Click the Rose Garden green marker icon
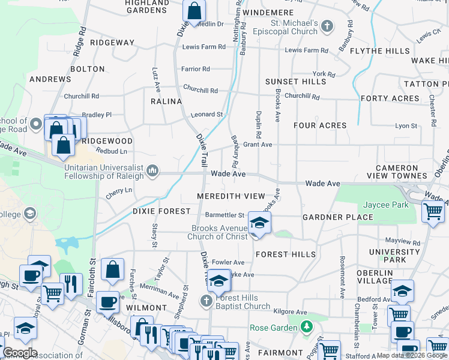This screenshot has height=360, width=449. click(x=307, y=327)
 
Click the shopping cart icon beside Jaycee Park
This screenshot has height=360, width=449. click(x=433, y=211)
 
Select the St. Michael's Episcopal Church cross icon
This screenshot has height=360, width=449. click(x=327, y=26)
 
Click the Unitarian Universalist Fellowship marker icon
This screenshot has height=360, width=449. click(x=152, y=172)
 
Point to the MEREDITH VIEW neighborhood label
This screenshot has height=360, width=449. click(x=231, y=196)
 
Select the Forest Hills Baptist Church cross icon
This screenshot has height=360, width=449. click(x=206, y=301)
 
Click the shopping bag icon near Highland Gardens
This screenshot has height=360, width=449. click(x=194, y=10)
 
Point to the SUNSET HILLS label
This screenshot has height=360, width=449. click(x=296, y=81)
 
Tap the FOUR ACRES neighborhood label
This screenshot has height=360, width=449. click(x=320, y=125)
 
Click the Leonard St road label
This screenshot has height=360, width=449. click(x=206, y=114)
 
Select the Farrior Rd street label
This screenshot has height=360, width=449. click(x=196, y=69)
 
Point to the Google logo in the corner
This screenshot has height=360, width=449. click(x=20, y=353)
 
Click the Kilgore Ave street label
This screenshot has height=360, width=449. click(x=290, y=311)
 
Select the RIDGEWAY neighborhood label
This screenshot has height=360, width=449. click(x=112, y=43)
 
